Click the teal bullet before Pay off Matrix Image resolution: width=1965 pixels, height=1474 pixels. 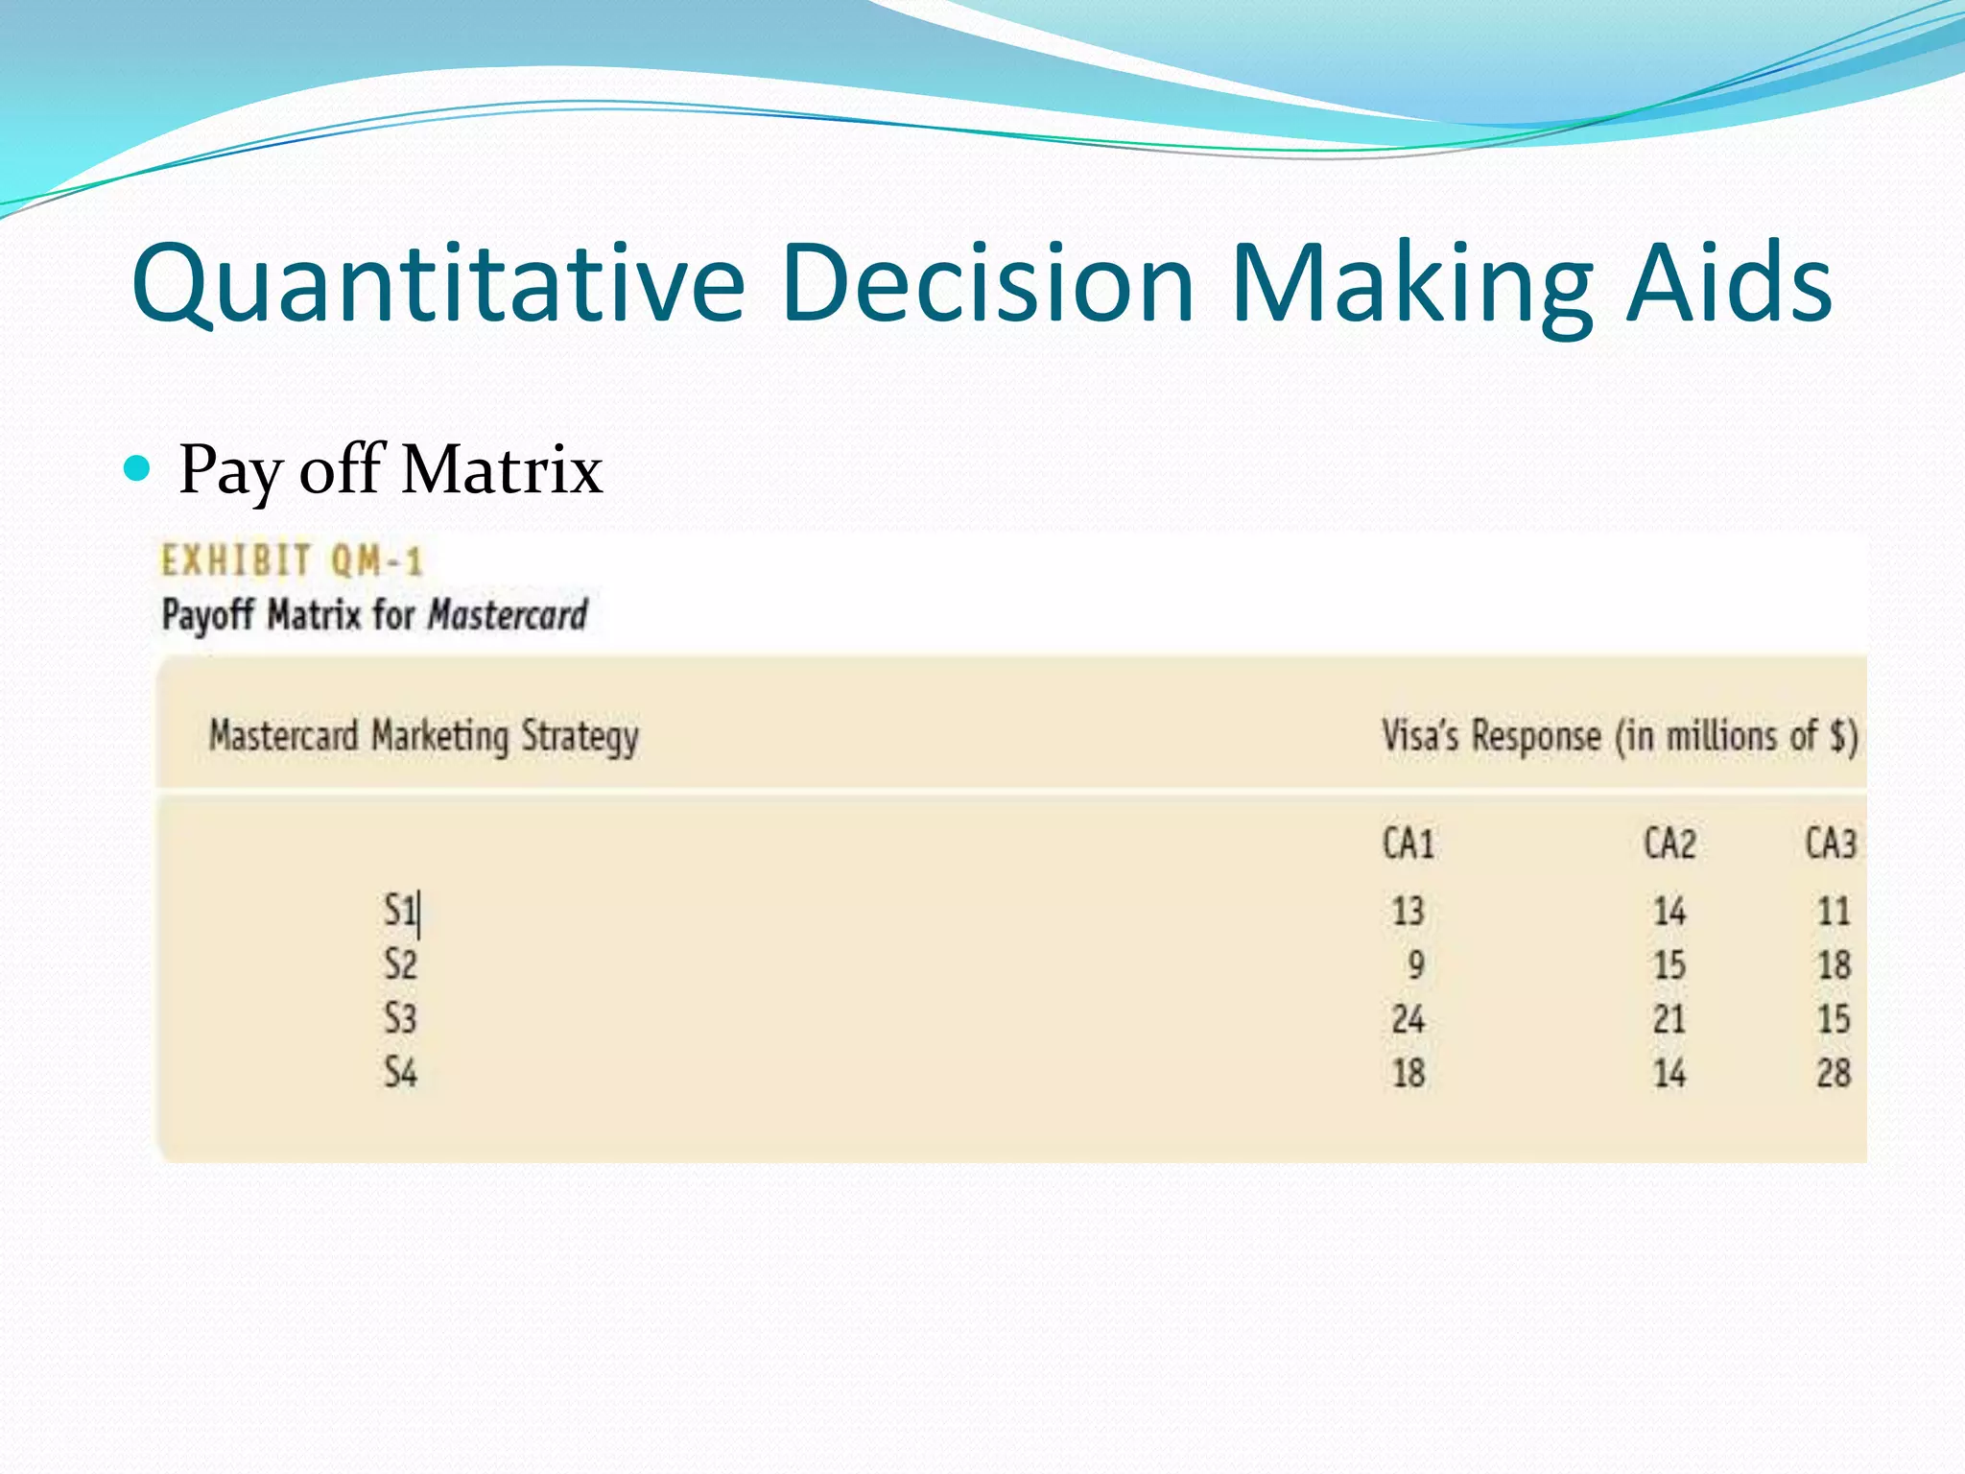point(138,468)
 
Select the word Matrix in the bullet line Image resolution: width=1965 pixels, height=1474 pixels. point(502,470)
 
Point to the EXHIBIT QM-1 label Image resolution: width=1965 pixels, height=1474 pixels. point(292,560)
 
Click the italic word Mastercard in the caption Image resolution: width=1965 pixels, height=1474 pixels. point(508,615)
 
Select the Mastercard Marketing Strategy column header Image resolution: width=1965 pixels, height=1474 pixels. point(424,737)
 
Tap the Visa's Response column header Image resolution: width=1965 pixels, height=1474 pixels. point(1620,737)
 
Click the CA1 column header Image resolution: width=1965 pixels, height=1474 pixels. point(1409,844)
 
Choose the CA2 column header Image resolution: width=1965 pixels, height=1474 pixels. point(1669,844)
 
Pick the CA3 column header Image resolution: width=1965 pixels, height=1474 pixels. point(1831,844)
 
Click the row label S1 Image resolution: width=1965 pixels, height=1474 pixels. point(400,910)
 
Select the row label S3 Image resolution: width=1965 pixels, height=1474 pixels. point(400,1018)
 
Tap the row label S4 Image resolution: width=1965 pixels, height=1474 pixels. point(400,1072)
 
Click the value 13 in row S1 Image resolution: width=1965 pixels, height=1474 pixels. point(1409,911)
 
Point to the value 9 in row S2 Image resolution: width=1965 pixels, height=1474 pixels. point(1416,964)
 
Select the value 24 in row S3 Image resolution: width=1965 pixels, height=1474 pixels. point(1409,1019)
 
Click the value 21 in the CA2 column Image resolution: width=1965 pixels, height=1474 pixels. point(1669,1019)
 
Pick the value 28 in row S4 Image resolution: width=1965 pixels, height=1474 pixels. point(1833,1073)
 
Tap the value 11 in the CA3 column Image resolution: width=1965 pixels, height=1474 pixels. point(1834,911)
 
